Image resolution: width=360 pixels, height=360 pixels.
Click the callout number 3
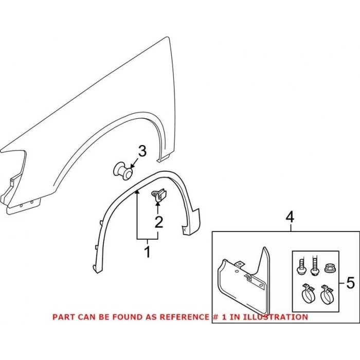coord(142,151)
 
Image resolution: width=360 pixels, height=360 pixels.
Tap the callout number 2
coord(159,222)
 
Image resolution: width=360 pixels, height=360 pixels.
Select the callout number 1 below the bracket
coord(148,251)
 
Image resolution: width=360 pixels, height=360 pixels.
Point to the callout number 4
coord(290,217)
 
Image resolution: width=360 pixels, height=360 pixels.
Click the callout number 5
coord(350,283)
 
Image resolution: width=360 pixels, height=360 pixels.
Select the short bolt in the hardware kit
coord(301,267)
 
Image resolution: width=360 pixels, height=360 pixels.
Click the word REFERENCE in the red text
coord(184,317)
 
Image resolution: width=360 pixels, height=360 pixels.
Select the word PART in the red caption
coord(64,317)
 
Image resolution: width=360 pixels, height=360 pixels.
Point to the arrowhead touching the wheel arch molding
coord(137,192)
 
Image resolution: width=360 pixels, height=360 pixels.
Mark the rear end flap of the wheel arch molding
coord(191,222)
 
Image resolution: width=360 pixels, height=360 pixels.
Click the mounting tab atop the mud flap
coord(239,264)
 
